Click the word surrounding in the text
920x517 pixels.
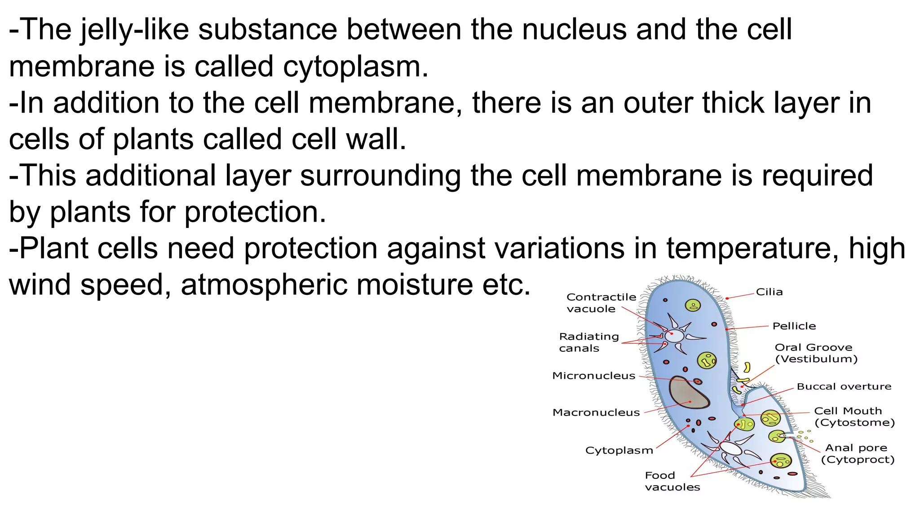380,176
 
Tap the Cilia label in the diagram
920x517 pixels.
769,292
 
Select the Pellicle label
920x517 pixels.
794,326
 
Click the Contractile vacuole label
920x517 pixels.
601,303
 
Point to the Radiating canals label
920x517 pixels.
588,342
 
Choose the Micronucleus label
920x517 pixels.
593,376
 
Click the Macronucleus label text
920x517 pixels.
596,413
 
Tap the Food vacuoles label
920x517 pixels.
672,482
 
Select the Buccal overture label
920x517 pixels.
844,387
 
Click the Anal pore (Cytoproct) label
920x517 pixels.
857,454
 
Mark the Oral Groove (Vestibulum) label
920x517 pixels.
816,353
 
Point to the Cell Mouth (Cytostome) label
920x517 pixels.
854,417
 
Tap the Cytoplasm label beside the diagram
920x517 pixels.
619,451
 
